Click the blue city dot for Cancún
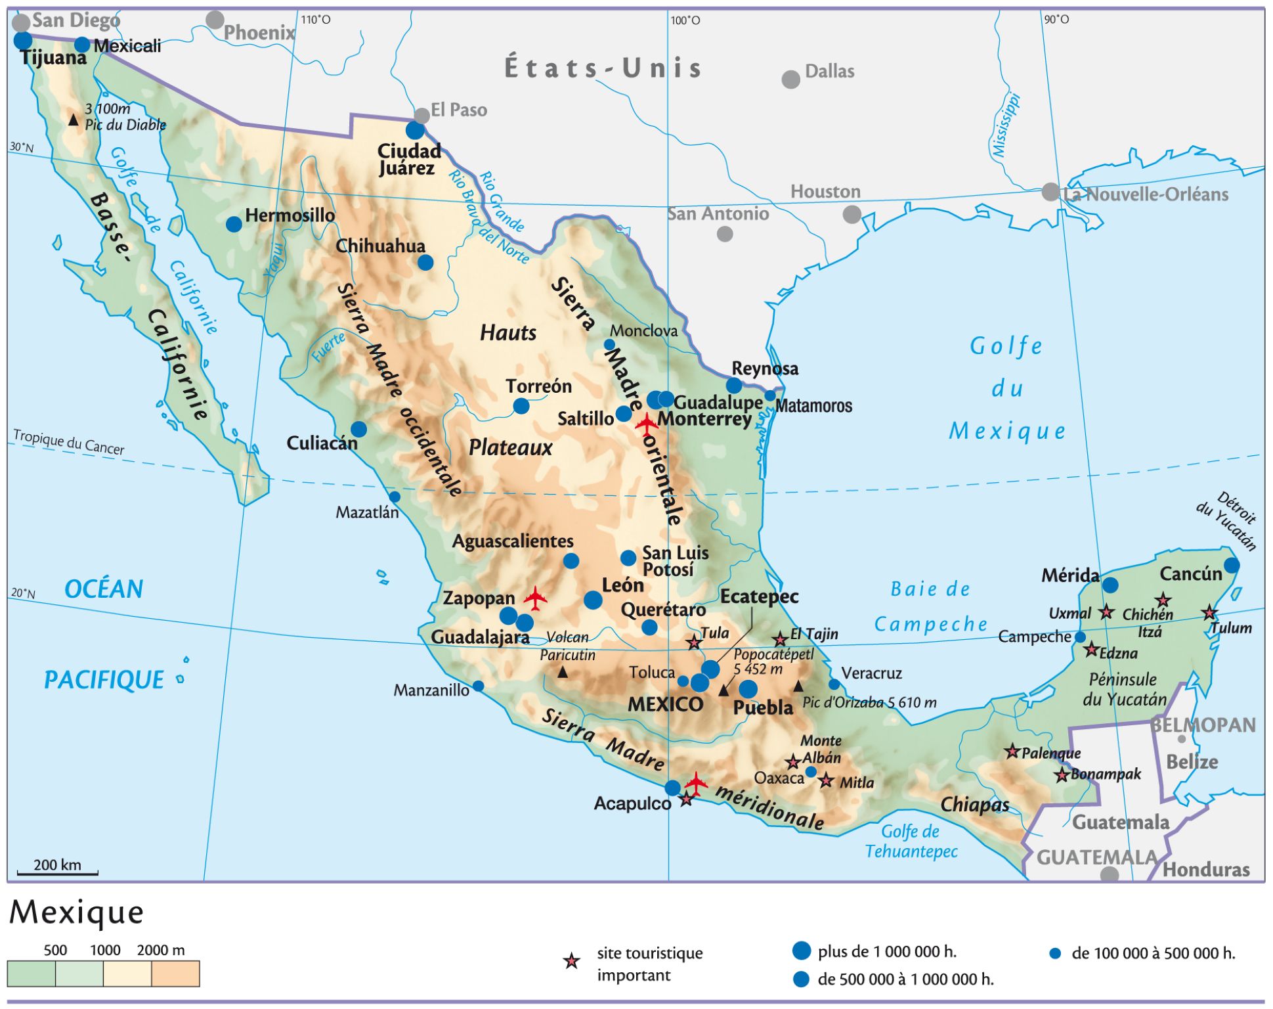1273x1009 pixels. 1232,565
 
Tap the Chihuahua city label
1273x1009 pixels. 380,246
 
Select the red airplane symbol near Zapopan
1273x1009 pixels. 536,598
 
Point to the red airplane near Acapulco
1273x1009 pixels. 696,782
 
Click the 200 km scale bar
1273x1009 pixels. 57,873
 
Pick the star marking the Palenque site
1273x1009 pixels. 1012,751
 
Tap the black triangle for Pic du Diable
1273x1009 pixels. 74,120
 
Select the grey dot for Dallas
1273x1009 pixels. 791,79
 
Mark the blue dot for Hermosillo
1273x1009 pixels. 234,224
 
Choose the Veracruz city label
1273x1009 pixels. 871,673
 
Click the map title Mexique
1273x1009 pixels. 77,912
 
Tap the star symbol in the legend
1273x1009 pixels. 572,962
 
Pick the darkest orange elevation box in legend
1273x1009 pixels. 175,974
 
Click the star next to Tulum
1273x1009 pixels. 1209,613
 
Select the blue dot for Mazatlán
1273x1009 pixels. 395,497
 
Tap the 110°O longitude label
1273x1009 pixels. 316,20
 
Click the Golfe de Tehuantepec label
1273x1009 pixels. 911,841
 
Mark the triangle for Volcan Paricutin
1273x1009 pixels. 563,672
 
